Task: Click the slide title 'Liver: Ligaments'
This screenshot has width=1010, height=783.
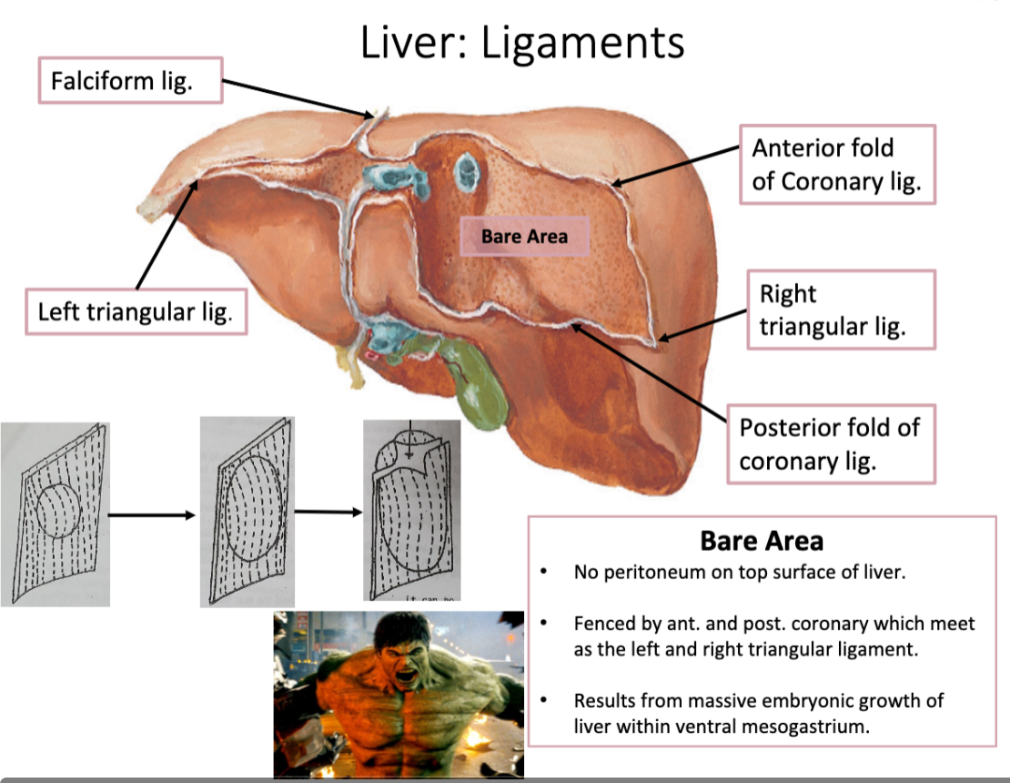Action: pos(521,43)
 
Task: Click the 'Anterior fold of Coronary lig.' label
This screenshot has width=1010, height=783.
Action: pos(836,164)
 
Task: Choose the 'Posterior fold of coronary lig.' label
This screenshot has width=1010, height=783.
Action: pos(829,443)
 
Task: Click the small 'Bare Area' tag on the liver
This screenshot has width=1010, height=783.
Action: pos(525,237)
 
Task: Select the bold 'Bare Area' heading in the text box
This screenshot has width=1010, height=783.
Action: pos(762,541)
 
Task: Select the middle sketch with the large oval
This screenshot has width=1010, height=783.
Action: pos(247,511)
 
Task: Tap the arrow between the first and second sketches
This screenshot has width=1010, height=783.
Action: pos(152,515)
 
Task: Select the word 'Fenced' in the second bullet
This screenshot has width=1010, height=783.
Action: pos(601,625)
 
